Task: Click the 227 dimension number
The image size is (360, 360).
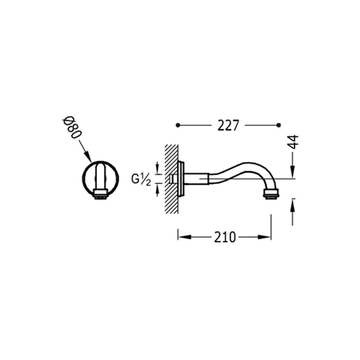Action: [228, 125]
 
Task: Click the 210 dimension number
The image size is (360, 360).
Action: [225, 237]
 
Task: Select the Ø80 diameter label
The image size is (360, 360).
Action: [72, 129]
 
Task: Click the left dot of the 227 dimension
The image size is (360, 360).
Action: [179, 125]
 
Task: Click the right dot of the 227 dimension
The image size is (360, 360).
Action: [279, 125]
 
